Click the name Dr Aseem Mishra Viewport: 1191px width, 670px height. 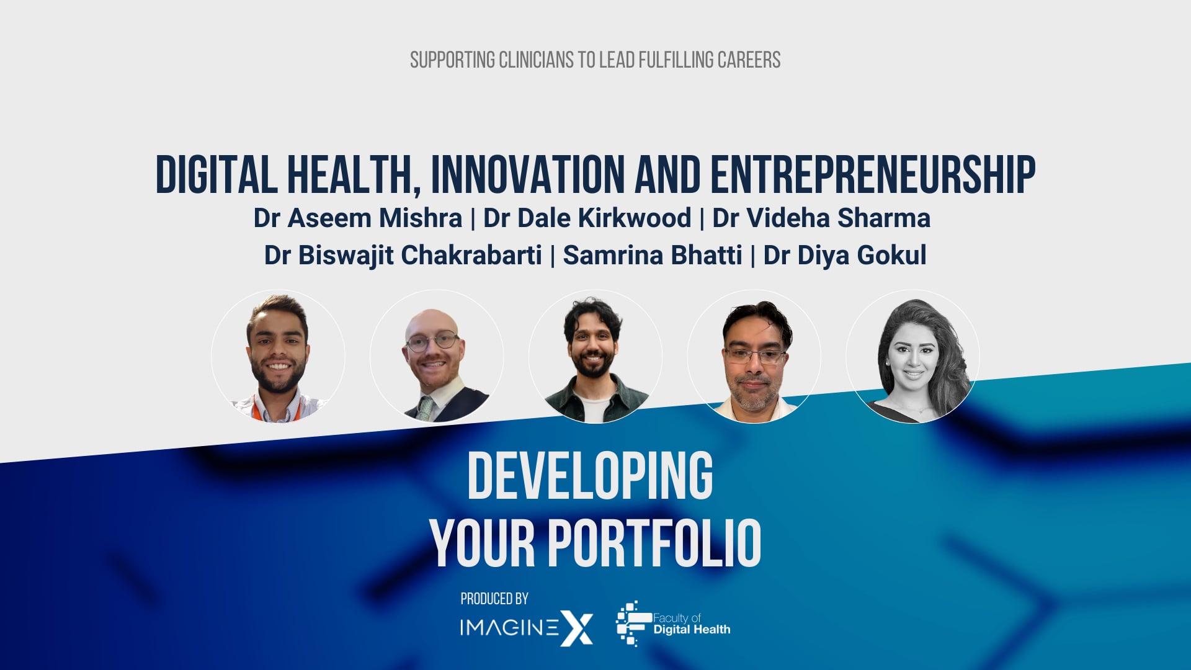[x=358, y=218]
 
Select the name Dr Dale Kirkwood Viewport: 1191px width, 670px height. [x=587, y=218]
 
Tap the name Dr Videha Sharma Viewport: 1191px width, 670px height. [x=821, y=218]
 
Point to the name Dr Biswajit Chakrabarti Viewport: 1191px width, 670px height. [x=403, y=256]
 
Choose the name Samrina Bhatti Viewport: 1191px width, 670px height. [x=653, y=256]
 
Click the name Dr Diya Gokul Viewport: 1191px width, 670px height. [x=845, y=256]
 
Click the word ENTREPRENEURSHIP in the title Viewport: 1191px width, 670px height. [x=873, y=175]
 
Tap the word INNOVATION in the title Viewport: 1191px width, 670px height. [x=528, y=175]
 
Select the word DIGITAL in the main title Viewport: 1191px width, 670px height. [x=216, y=175]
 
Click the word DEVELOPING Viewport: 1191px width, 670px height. [x=590, y=476]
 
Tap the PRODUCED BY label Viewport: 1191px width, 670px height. [x=494, y=599]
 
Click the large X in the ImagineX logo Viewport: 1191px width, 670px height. [x=577, y=628]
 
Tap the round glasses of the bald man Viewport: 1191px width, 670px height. [x=432, y=342]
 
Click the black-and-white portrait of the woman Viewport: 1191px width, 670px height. [x=912, y=357]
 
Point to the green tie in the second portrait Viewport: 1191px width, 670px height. [x=426, y=408]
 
